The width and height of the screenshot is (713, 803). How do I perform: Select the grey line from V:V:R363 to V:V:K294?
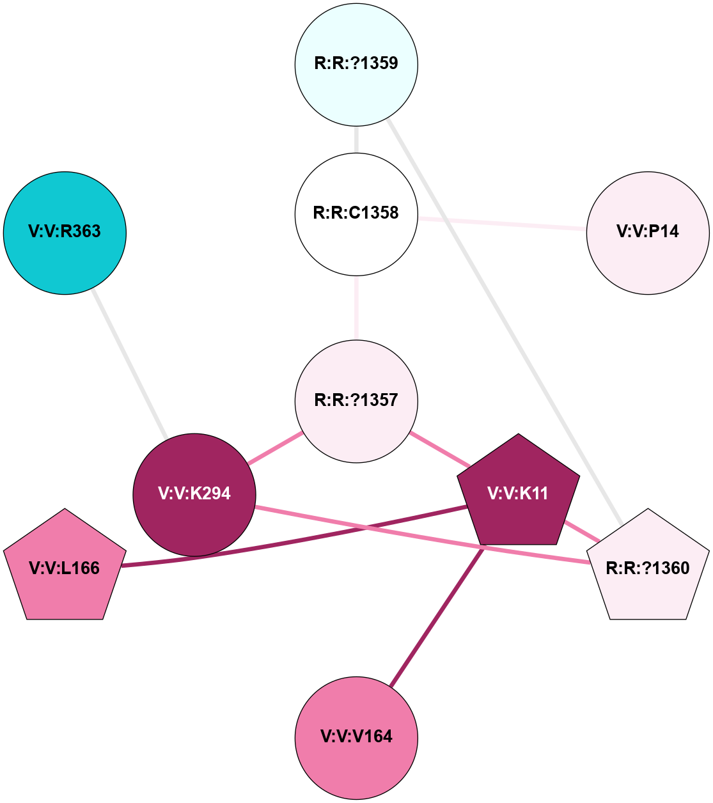pos(130,365)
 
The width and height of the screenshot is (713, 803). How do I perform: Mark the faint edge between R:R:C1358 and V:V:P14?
pos(502,223)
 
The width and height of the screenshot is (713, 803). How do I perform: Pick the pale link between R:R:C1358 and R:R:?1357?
pos(356,308)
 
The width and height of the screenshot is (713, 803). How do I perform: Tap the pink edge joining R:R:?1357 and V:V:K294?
pos(275,448)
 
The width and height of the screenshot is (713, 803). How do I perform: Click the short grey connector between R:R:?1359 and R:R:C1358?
pos(356,139)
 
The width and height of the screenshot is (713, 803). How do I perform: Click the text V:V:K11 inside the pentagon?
pos(518,494)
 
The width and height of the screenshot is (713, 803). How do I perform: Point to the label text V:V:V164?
pos(356,737)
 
